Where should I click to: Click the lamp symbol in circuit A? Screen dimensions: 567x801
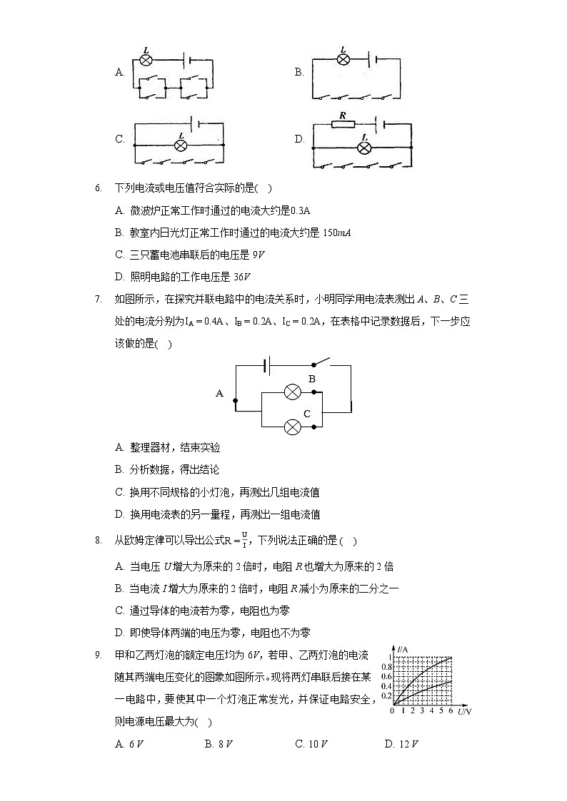(146, 61)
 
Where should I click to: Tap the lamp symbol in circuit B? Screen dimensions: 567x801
(343, 59)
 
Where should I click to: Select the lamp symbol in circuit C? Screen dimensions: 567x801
(181, 146)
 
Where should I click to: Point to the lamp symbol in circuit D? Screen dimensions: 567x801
(364, 148)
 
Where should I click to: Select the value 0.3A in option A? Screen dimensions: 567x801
(301, 210)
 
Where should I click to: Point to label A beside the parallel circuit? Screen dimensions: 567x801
(219, 393)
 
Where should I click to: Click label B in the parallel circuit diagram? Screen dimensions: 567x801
(311, 379)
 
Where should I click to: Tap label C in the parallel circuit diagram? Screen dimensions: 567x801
(307, 414)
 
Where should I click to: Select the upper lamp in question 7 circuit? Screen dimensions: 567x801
(292, 392)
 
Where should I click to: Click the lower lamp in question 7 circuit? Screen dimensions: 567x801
(292, 427)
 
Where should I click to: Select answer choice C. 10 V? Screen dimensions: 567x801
(311, 744)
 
